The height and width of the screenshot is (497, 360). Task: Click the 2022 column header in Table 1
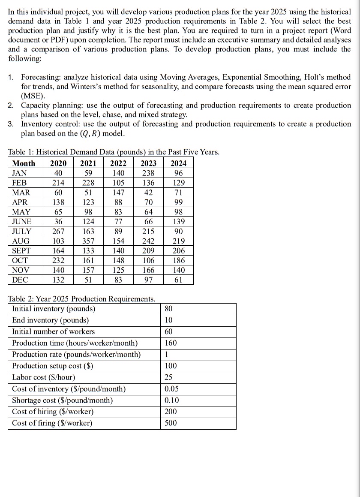[x=118, y=163]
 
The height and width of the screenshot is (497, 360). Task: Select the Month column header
[x=24, y=163]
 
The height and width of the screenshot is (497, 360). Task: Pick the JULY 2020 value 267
[x=58, y=232]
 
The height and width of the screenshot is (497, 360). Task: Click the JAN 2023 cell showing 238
[x=148, y=173]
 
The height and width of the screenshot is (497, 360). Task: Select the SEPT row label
[x=21, y=251]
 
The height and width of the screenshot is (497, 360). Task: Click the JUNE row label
[x=22, y=222]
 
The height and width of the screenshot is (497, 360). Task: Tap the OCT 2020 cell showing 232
[x=58, y=261]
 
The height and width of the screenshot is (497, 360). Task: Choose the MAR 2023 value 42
[x=148, y=193]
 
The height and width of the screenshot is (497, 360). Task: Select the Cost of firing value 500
[x=171, y=423]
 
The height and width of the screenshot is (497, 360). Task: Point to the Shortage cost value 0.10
[x=172, y=400]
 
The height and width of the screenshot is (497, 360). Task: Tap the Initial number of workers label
[x=54, y=331]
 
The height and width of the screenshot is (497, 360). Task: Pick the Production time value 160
[x=171, y=343]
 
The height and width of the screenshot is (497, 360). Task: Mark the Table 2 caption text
[x=82, y=298]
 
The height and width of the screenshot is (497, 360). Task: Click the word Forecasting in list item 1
[x=42, y=77]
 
